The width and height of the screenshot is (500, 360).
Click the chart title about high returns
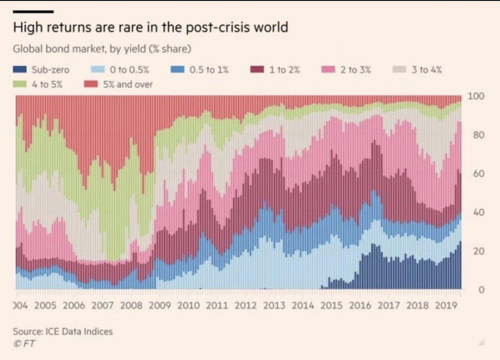click(x=150, y=27)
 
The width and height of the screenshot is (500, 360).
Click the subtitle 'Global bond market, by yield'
click(x=102, y=49)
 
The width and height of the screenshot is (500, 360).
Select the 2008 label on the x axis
click(x=130, y=306)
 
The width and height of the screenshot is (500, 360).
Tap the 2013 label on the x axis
click(x=274, y=306)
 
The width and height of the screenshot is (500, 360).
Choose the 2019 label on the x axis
click(x=446, y=306)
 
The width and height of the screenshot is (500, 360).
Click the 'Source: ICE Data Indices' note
click(x=63, y=331)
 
